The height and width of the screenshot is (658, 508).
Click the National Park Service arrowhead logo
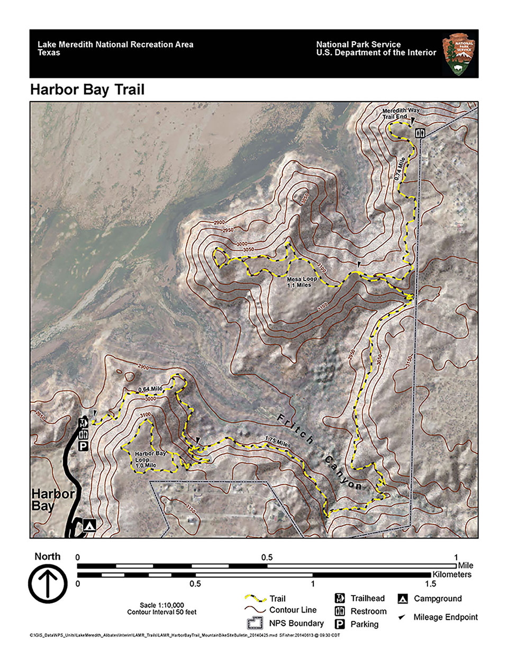(458, 54)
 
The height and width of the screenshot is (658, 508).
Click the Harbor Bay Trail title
(87, 89)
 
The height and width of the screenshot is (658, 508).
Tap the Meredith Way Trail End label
(401, 113)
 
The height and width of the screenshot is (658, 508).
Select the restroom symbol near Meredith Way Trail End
(420, 132)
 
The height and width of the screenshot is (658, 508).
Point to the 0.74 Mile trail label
(401, 170)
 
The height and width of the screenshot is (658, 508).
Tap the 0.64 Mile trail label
(150, 390)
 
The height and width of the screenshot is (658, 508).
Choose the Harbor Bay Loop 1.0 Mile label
(150, 459)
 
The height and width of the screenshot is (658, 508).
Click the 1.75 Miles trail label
(277, 442)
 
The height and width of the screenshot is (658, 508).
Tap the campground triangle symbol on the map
(89, 525)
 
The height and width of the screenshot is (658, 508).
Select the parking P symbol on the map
(83, 446)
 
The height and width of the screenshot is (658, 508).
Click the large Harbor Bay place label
(51, 499)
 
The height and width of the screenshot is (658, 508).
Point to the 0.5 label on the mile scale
(267, 557)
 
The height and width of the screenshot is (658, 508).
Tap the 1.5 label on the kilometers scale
(431, 584)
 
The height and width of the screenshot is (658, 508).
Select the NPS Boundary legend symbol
(255, 623)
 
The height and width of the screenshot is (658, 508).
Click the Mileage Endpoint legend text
(446, 617)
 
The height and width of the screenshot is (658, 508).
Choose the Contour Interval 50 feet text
(161, 612)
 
